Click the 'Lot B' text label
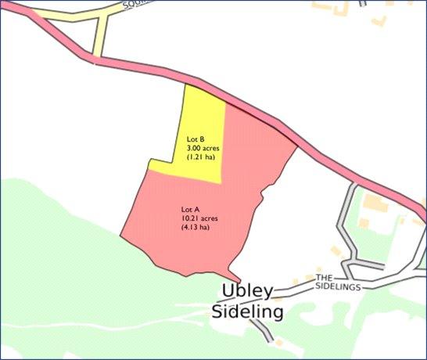(x=195, y=139)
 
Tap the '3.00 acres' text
(x=202, y=147)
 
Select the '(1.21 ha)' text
(x=201, y=157)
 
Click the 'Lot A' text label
(x=190, y=210)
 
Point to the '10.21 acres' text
(x=199, y=218)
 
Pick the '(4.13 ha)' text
(x=196, y=228)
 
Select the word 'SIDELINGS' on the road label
(x=338, y=287)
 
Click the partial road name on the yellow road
(x=135, y=7)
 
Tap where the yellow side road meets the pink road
(x=96, y=58)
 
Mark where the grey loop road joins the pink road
(x=354, y=185)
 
